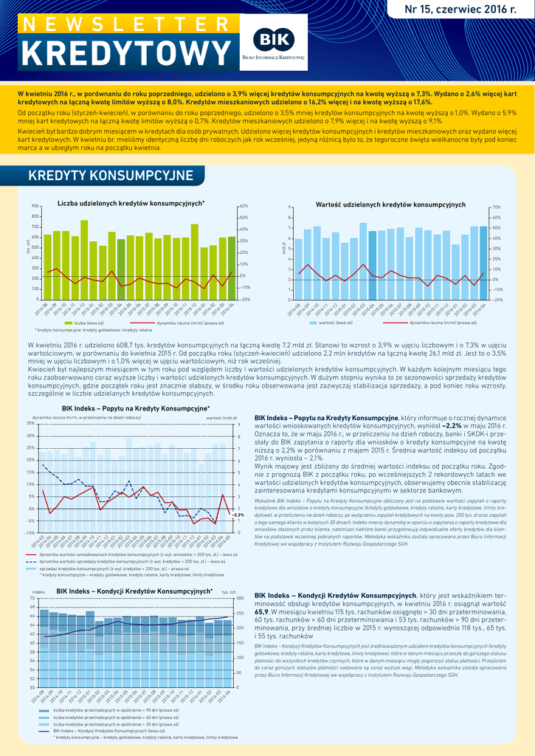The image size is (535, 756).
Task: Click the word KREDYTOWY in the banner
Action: pyautogui.click(x=125, y=52)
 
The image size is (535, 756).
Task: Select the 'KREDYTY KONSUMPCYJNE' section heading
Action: pyautogui.click(x=110, y=175)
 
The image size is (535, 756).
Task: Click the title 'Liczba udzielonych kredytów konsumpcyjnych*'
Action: pyautogui.click(x=131, y=203)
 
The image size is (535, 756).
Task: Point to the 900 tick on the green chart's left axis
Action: pyautogui.click(x=35, y=206)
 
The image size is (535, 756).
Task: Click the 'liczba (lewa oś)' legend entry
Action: pyautogui.click(x=85, y=323)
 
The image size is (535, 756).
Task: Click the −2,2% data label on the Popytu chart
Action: pyautogui.click(x=238, y=515)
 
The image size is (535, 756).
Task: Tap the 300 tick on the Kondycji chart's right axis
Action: pyautogui.click(x=240, y=598)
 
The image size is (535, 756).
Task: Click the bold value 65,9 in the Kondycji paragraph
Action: pyautogui.click(x=261, y=611)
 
